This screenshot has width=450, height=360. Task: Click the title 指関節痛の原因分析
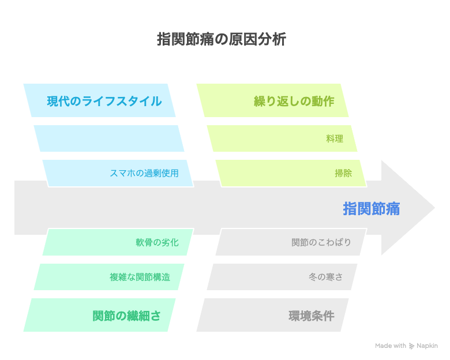click(x=222, y=39)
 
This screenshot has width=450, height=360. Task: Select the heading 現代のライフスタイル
click(x=104, y=101)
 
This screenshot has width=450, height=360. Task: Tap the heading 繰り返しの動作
click(x=294, y=101)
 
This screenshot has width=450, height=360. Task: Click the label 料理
click(x=335, y=138)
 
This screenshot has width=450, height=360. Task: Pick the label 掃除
click(x=343, y=173)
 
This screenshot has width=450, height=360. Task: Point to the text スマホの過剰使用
click(x=144, y=173)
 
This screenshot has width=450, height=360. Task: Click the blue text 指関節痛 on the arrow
click(x=372, y=208)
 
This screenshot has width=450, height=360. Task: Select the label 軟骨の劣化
click(x=157, y=242)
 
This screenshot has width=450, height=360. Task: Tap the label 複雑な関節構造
click(x=140, y=277)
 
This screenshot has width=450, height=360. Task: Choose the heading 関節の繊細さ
click(x=126, y=316)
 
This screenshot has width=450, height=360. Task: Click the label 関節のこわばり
click(x=321, y=242)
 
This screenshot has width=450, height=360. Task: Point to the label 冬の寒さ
click(x=326, y=277)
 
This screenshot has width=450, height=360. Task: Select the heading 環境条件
click(x=312, y=316)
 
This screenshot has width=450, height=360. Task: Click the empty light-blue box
click(x=109, y=138)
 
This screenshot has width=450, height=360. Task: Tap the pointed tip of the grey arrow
click(x=434, y=208)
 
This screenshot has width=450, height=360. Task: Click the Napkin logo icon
click(x=411, y=346)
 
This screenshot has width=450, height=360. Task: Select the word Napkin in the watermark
click(x=427, y=346)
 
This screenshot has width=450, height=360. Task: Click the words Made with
click(x=391, y=346)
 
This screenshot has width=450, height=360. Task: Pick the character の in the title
click(x=222, y=39)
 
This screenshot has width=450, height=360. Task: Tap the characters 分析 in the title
click(x=272, y=39)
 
